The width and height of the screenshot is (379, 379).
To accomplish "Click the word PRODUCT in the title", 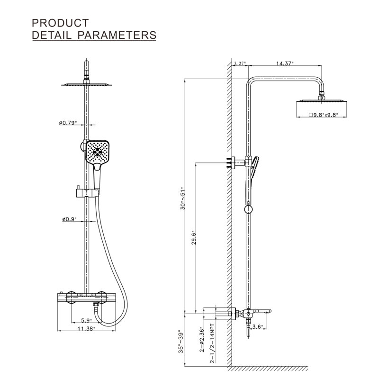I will point(60,23).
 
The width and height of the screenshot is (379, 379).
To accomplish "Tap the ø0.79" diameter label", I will point(69,124).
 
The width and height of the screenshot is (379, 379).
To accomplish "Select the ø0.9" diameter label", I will point(69,219).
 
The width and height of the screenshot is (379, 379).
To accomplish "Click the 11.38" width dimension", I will point(87,328).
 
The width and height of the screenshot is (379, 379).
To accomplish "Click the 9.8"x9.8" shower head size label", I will point(324,115).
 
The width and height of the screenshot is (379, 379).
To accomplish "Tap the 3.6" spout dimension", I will point(257,326).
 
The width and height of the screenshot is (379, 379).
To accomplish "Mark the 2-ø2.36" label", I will point(203,339).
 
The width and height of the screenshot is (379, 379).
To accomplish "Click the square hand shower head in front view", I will point(99,152).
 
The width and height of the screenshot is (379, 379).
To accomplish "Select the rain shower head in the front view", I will point(87,85).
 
